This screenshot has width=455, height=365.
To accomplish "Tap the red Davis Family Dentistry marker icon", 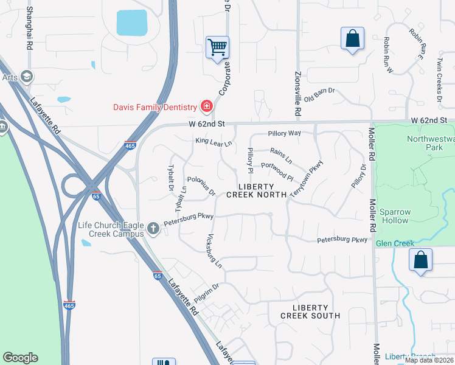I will (x=207, y=107).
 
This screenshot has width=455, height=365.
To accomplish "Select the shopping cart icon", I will (x=217, y=46).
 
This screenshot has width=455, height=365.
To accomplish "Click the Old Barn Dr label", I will (x=320, y=94).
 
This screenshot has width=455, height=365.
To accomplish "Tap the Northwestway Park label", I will (x=431, y=143).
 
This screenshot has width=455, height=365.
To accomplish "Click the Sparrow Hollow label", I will (x=395, y=216).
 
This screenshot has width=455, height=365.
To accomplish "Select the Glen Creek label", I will (x=395, y=243).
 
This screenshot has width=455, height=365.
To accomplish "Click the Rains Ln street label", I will (x=281, y=156).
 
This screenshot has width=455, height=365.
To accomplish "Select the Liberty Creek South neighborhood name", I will (x=310, y=311).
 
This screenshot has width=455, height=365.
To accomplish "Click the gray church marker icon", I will (x=153, y=229).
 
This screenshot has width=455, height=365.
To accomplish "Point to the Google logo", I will (x=20, y=358).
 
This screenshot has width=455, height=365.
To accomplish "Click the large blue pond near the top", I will (x=132, y=23).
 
